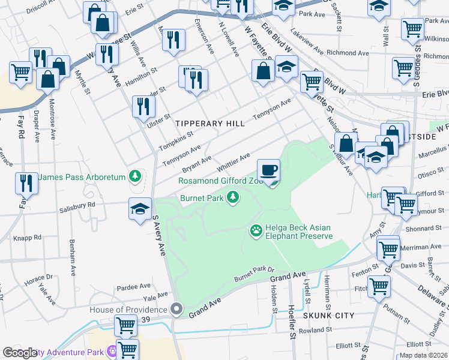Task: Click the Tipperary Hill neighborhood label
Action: (210, 124)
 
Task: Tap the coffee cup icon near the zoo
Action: (269, 170)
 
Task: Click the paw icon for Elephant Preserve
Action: (256, 230)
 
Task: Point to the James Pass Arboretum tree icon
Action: (136, 176)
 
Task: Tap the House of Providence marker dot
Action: (176, 310)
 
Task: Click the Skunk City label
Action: (328, 315)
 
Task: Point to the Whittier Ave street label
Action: (233, 161)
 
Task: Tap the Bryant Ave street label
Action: (197, 163)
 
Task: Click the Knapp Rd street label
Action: (29, 238)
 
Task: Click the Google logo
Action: (20, 353)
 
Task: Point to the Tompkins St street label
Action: (176, 142)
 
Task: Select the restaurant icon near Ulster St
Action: (143, 106)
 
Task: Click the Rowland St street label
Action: (315, 330)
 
